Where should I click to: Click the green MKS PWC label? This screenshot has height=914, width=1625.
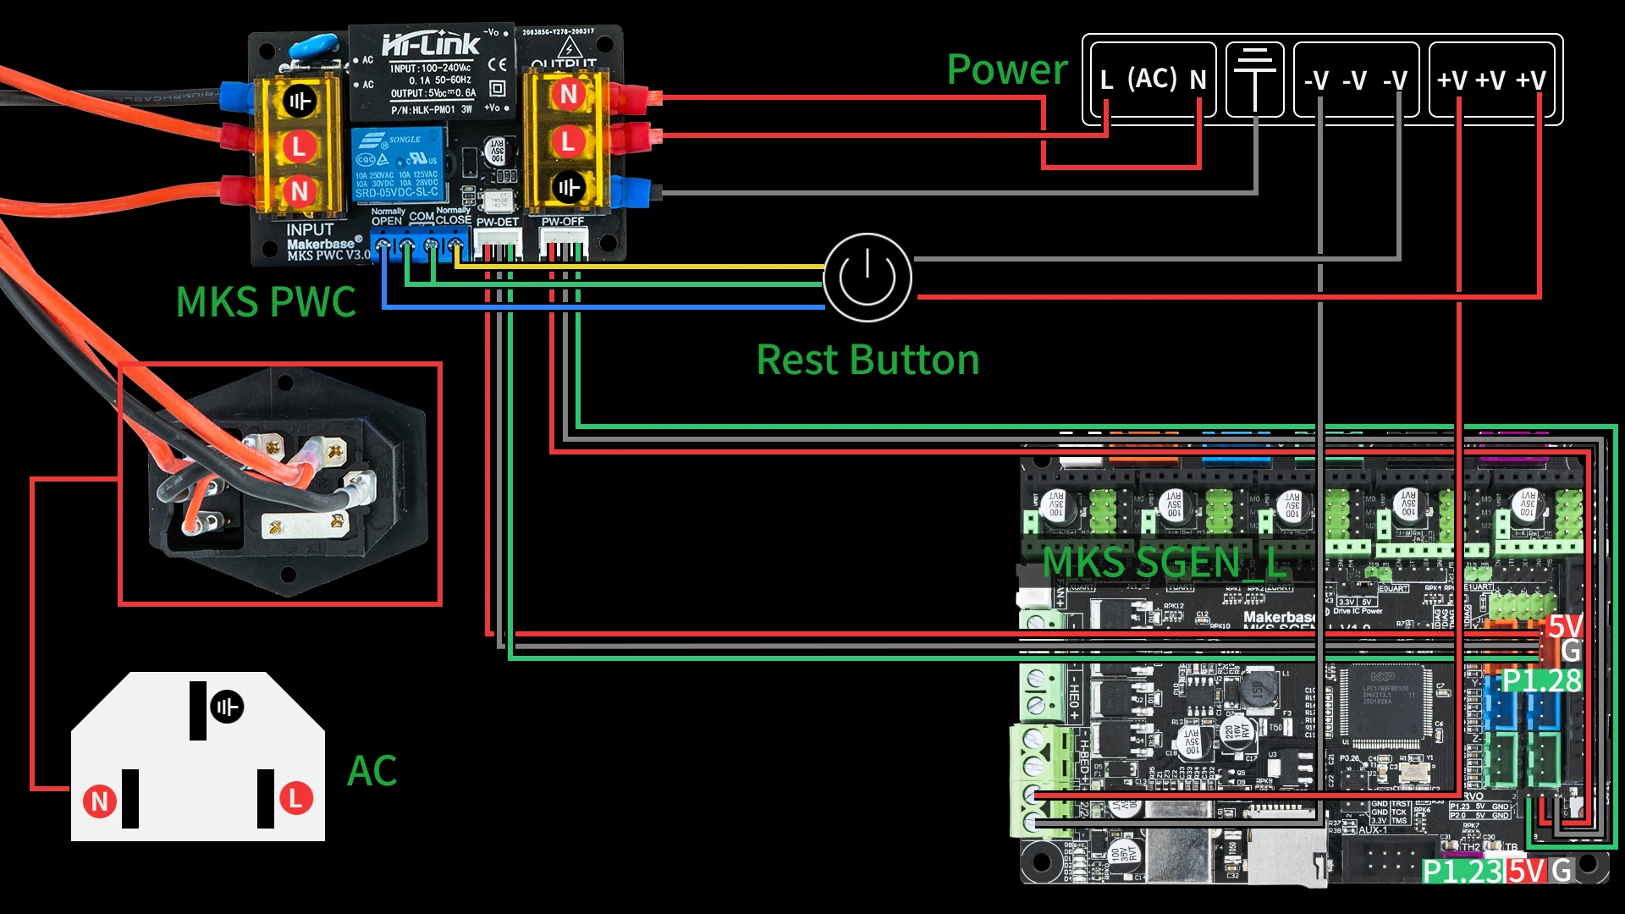(x=266, y=302)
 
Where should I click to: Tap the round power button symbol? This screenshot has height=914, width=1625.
(x=867, y=278)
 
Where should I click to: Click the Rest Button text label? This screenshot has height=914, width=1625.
(x=868, y=360)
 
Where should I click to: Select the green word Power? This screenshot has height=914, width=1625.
(x=1007, y=69)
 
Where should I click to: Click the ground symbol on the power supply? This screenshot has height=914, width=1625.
(x=1255, y=78)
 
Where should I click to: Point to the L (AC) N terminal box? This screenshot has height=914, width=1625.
(x=1152, y=80)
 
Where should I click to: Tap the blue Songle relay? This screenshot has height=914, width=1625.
(x=398, y=165)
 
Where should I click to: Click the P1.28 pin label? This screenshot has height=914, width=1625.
(x=1541, y=680)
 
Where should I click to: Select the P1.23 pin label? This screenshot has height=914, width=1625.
(x=1462, y=871)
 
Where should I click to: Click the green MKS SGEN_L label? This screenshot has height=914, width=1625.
(x=1164, y=562)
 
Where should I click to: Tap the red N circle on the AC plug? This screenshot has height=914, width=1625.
(x=99, y=801)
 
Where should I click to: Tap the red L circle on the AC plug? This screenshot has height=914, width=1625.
(x=296, y=798)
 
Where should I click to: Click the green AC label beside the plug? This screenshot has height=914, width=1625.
(x=372, y=771)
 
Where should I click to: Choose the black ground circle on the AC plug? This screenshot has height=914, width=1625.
(x=227, y=707)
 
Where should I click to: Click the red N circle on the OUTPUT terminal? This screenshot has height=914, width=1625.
(x=569, y=94)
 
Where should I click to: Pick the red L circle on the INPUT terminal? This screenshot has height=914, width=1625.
(x=299, y=146)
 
